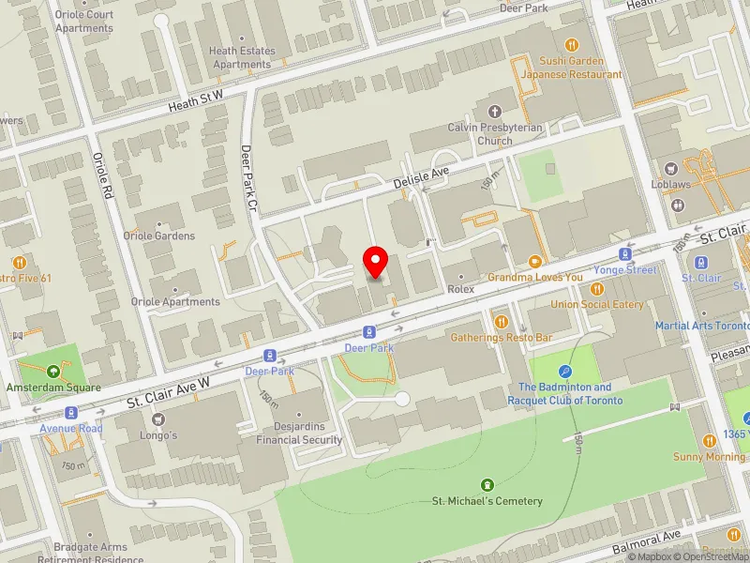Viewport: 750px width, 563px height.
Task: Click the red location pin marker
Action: click(x=376, y=262)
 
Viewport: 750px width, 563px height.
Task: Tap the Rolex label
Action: click(x=461, y=289)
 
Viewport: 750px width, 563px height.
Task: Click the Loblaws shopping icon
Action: click(x=671, y=169)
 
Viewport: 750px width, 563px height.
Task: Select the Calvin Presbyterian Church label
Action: click(x=480, y=134)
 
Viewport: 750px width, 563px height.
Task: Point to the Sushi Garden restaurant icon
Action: click(x=572, y=44)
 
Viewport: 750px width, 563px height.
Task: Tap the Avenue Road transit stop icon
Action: click(x=70, y=413)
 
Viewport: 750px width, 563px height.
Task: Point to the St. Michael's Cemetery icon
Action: click(x=487, y=484)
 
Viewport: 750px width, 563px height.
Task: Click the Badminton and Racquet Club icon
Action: click(x=564, y=372)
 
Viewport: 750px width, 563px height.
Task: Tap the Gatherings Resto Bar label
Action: click(x=501, y=336)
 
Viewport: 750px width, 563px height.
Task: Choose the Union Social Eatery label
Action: click(x=597, y=304)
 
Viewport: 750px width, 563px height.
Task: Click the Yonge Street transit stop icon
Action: click(x=624, y=254)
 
